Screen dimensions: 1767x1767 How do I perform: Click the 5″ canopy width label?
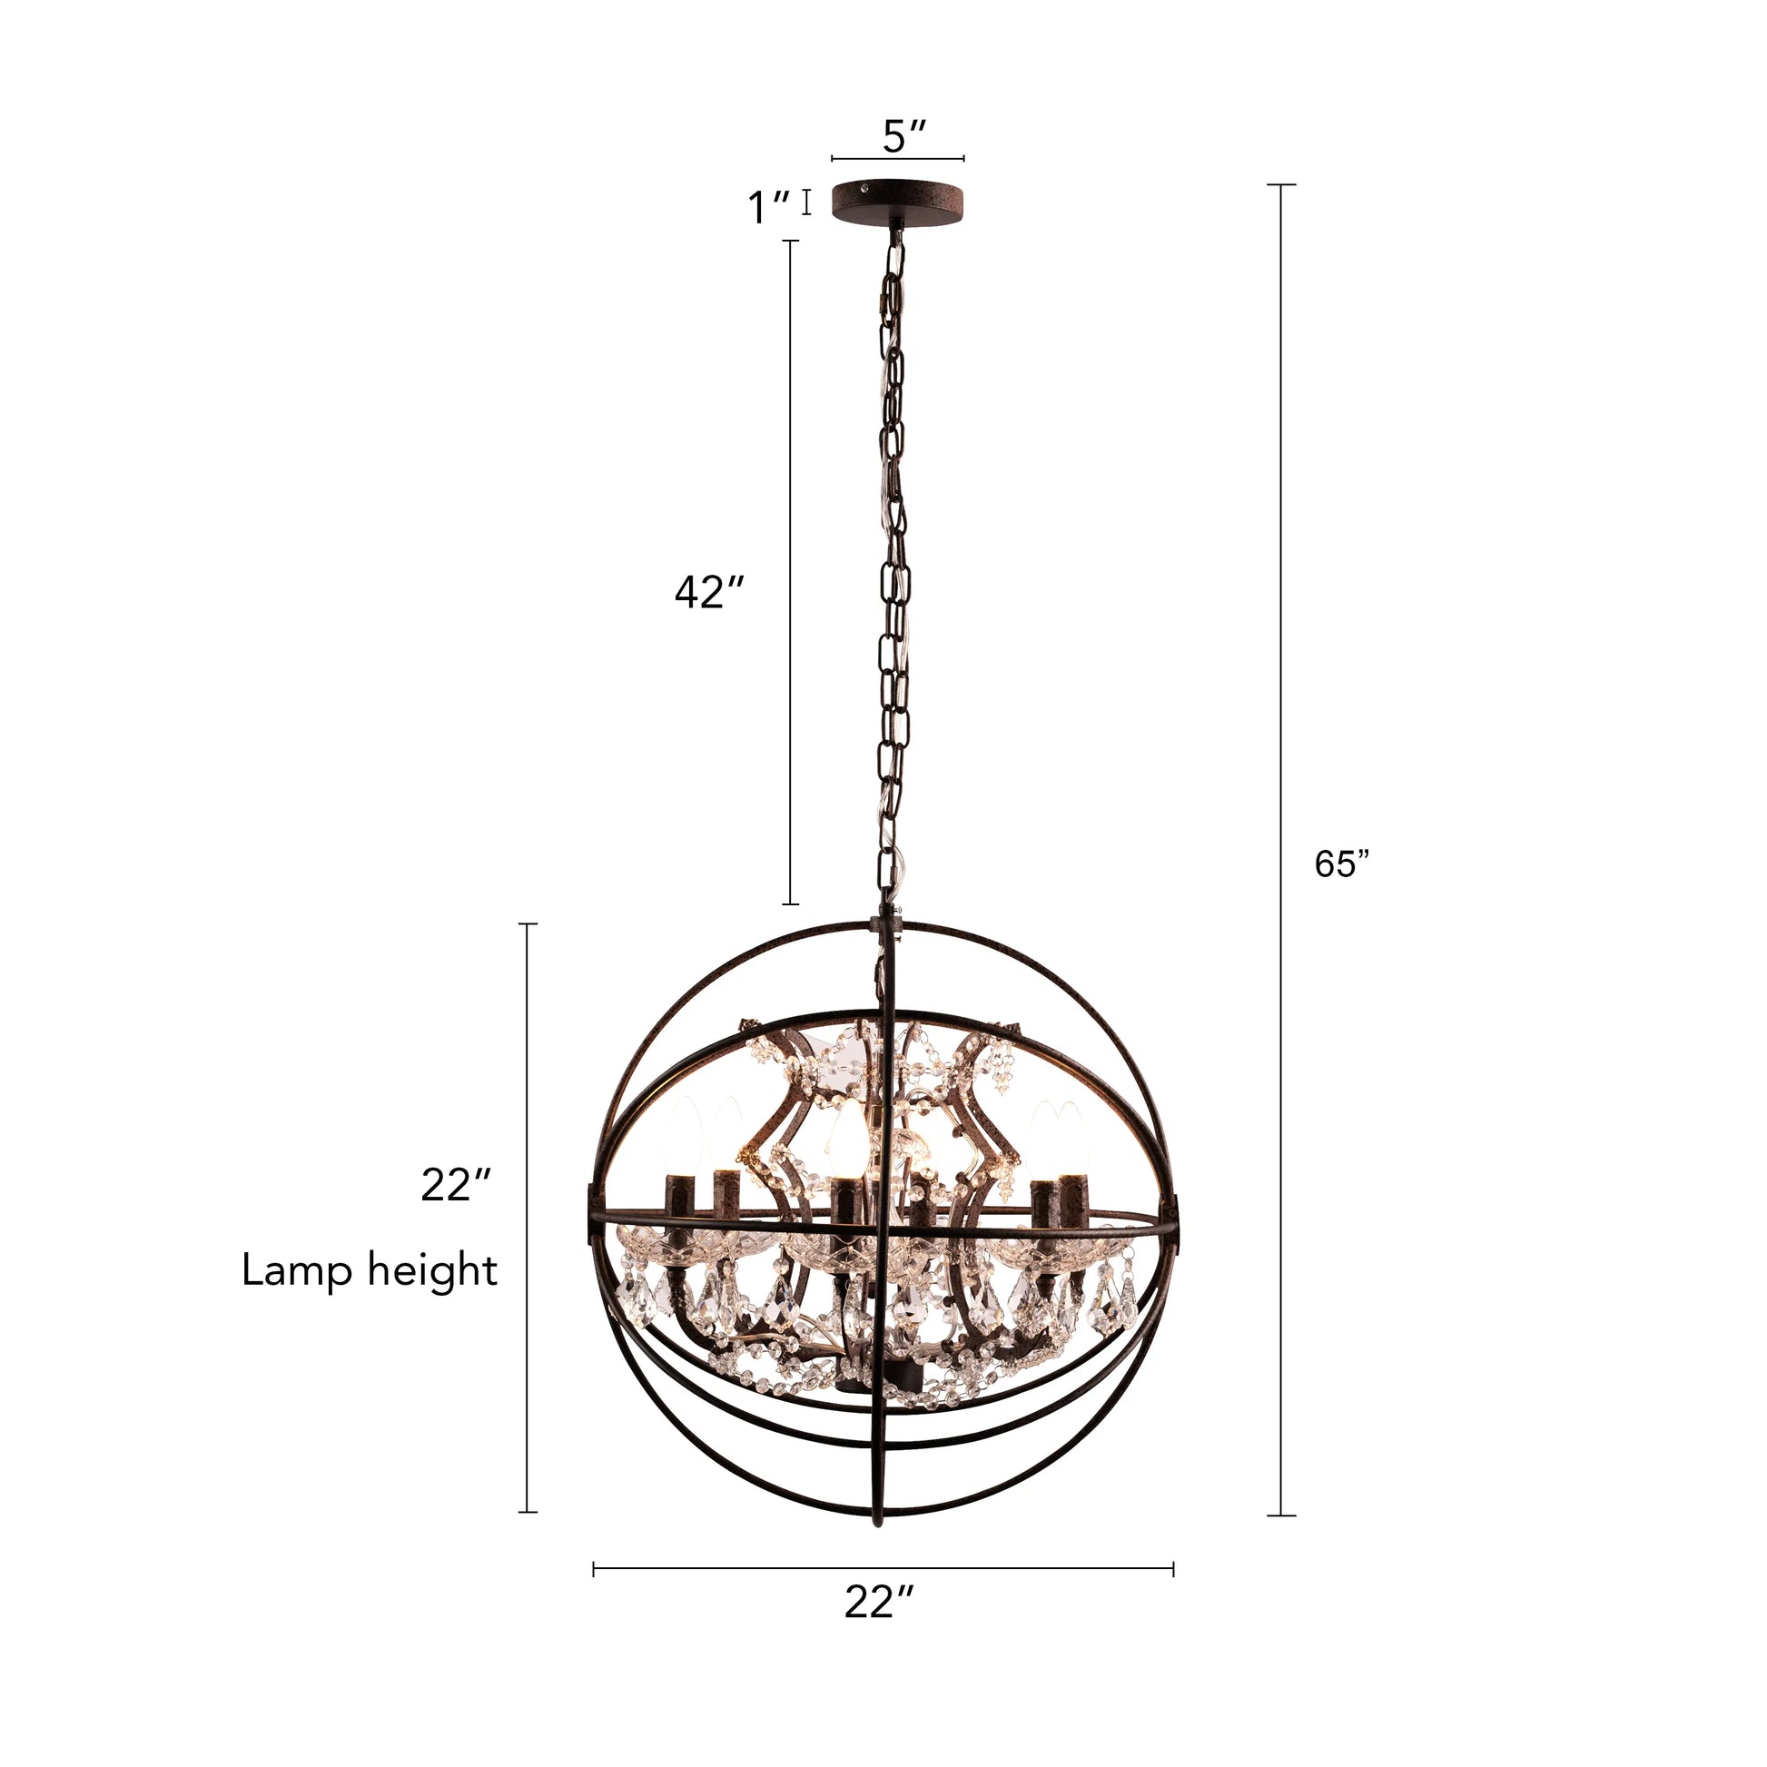[905, 138]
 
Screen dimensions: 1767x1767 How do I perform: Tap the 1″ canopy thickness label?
[769, 208]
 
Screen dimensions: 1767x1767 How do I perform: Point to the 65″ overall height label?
[1342, 864]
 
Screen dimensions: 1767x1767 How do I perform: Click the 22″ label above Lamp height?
[458, 1187]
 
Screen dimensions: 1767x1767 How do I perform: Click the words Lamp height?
[370, 1270]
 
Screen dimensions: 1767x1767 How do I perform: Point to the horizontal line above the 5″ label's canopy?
[897, 159]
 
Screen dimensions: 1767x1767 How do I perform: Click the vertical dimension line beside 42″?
[790, 573]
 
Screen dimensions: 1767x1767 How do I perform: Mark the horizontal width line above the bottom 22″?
[883, 1569]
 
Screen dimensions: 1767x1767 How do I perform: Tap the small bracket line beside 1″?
[806, 202]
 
